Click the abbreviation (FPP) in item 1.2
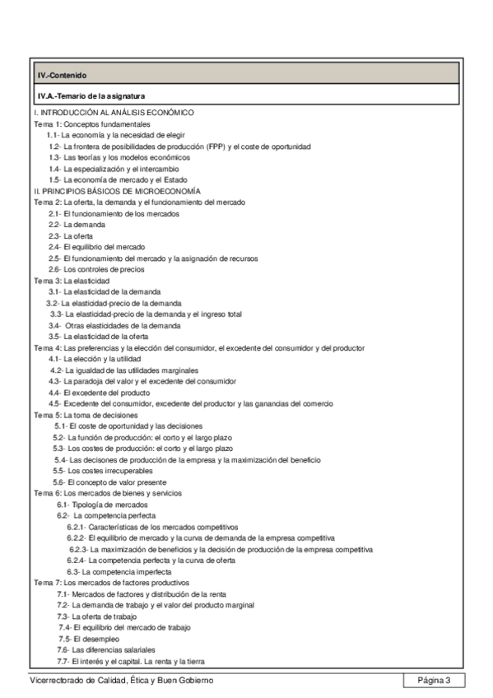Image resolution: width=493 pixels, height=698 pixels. point(218,145)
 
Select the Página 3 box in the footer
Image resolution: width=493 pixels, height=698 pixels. point(435,680)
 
